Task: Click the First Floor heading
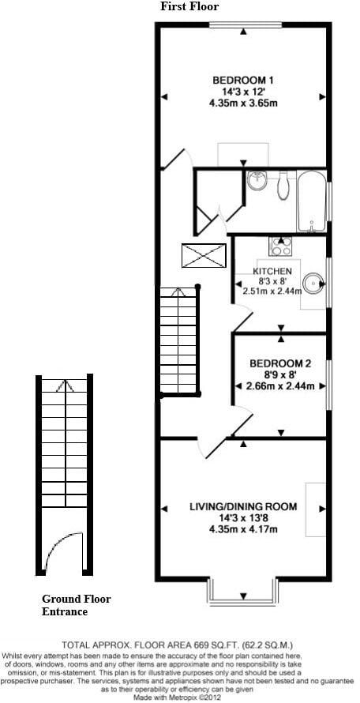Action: (x=189, y=6)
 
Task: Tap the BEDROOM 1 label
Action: (x=243, y=80)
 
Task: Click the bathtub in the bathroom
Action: (x=312, y=202)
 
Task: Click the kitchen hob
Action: (x=280, y=246)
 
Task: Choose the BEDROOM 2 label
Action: (x=280, y=363)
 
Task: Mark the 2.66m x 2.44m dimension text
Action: (x=280, y=386)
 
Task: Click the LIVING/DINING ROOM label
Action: (x=242, y=506)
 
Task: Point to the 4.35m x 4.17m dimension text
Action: (x=242, y=529)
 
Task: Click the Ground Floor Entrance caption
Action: (x=75, y=605)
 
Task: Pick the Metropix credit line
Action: (x=179, y=697)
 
